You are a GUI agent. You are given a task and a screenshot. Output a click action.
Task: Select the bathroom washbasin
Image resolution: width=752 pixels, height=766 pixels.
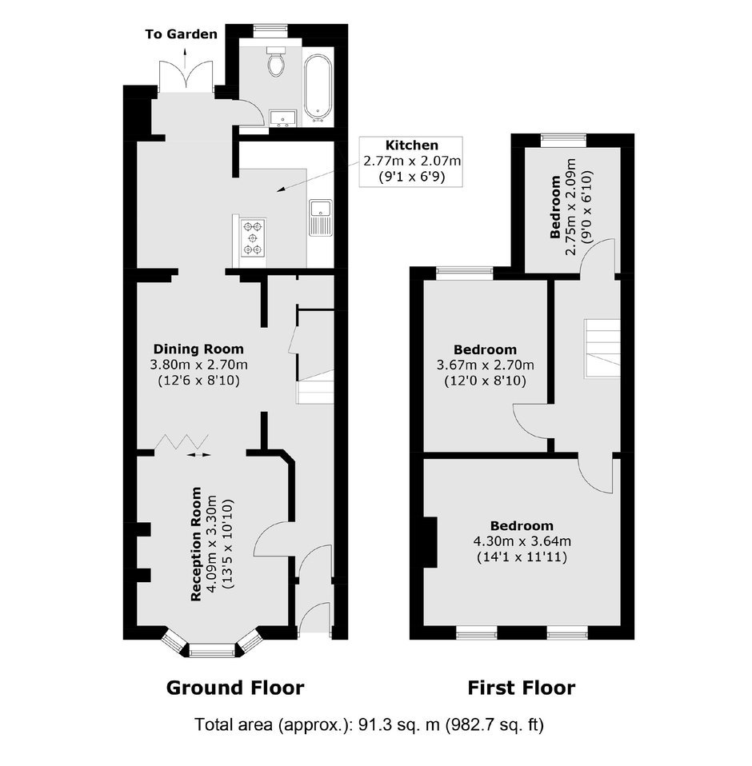[283, 118]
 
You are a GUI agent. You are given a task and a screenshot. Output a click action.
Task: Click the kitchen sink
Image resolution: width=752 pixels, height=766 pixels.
[321, 217]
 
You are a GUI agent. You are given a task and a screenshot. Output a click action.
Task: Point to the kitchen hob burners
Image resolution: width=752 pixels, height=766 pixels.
[253, 238]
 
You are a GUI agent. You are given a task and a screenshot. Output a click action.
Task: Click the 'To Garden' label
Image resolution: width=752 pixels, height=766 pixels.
[182, 34]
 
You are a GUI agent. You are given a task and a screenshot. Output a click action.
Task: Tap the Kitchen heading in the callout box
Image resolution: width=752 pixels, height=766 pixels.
[412, 145]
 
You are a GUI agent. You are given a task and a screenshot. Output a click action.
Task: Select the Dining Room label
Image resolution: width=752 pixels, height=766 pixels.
[198, 349]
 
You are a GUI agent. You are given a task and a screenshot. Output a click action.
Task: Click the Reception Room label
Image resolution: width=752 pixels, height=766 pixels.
[196, 544]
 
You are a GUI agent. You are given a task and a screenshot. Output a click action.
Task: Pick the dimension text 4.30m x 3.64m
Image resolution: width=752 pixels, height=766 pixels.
[522, 541]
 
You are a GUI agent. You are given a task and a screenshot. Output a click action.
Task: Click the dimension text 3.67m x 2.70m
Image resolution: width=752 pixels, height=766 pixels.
[486, 365]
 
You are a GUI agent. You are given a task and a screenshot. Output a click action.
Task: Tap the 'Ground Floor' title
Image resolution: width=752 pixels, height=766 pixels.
[235, 688]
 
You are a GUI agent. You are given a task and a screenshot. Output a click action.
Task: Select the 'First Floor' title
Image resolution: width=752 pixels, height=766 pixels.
[522, 688]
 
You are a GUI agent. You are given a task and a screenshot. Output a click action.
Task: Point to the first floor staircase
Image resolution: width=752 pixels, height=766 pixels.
[602, 349]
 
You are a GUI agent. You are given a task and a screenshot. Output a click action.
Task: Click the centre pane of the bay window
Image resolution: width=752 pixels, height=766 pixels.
[212, 650]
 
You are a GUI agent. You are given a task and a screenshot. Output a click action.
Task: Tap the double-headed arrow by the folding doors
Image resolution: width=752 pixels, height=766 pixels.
[199, 455]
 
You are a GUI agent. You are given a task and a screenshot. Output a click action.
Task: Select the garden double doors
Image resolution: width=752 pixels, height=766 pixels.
[186, 76]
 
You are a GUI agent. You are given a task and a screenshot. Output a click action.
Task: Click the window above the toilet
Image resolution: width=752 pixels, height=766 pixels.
[270, 30]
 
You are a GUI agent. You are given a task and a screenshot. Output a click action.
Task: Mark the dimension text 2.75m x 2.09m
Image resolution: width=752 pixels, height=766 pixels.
[570, 207]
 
